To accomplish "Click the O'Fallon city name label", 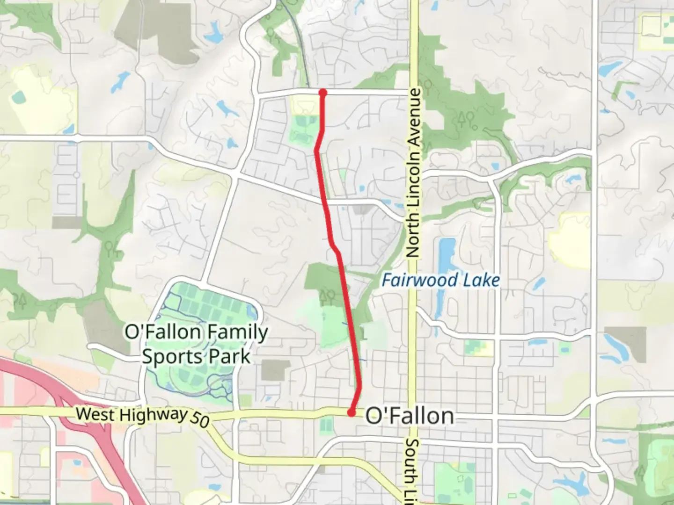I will pyautogui.click(x=409, y=416).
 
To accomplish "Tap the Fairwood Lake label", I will pyautogui.click(x=440, y=281).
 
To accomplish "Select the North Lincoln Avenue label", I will pyautogui.click(x=413, y=173).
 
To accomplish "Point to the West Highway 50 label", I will pyautogui.click(x=142, y=416).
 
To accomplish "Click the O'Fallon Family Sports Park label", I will pyautogui.click(x=196, y=344).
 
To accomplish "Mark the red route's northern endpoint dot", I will pyautogui.click(x=322, y=93).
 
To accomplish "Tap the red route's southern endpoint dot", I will pyautogui.click(x=351, y=412).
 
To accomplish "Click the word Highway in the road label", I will pyautogui.click(x=154, y=415).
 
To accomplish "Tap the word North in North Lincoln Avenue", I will pyautogui.click(x=412, y=234).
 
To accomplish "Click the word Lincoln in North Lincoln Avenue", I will pyautogui.click(x=413, y=180).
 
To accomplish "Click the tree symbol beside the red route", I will pyautogui.click(x=327, y=295).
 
